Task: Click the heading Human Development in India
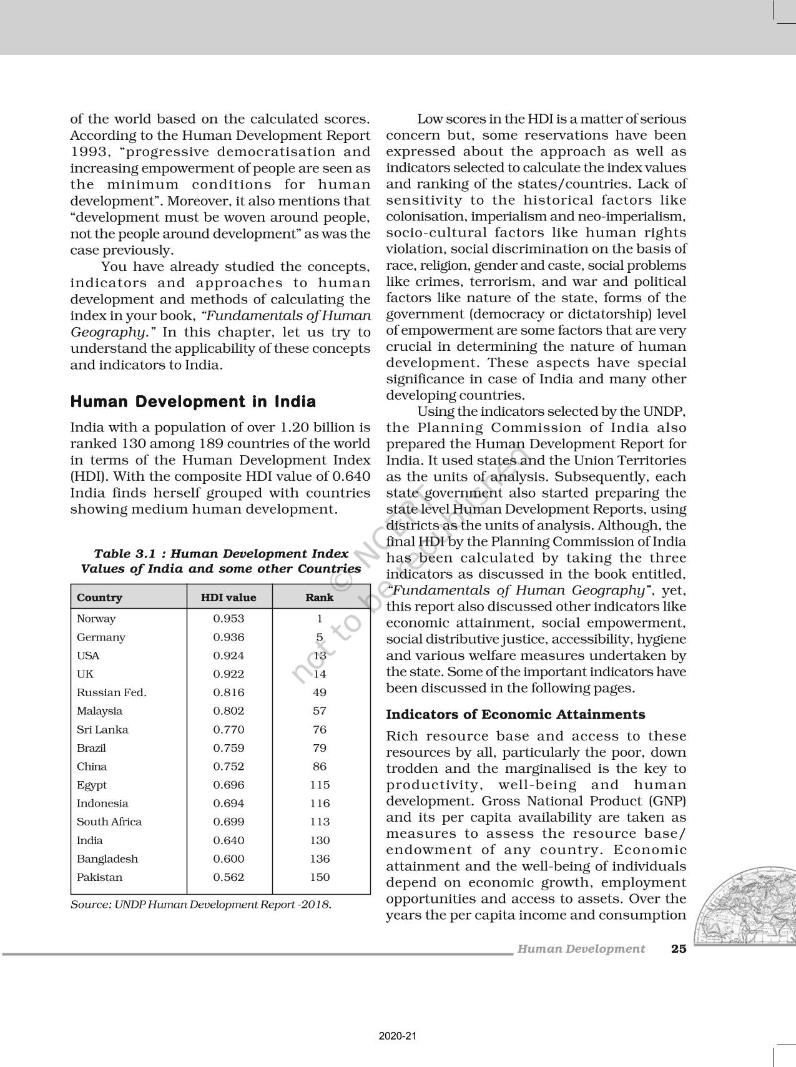[193, 401]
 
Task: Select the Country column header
[99, 597]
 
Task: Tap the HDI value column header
[228, 597]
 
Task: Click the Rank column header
[319, 597]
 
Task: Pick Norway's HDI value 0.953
[228, 619]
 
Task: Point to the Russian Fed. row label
[112, 692]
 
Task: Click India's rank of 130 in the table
[320, 840]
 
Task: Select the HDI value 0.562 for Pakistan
[228, 877]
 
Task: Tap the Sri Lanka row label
[102, 729]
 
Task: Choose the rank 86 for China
[320, 767]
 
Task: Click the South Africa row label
[109, 822]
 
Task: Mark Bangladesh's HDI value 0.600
[228, 858]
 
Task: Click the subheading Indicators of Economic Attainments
[516, 714]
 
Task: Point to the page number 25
[679, 949]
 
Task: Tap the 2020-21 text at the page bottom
[398, 1036]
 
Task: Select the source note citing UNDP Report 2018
[201, 904]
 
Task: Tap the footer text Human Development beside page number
[581, 949]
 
